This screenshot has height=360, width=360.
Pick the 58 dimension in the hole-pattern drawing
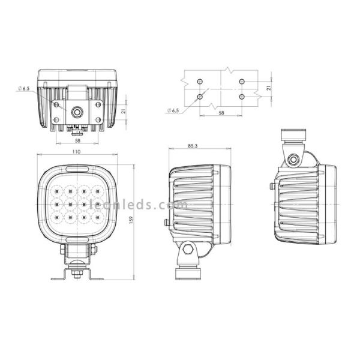[221, 112]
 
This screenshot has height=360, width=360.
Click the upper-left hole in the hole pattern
[200, 81]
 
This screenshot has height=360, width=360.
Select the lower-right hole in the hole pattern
[242, 95]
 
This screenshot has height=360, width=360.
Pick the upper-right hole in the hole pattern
[242, 81]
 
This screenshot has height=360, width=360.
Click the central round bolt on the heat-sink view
[77, 111]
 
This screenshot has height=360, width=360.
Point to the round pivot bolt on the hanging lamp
[293, 159]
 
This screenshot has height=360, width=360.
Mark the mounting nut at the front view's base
[77, 272]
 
